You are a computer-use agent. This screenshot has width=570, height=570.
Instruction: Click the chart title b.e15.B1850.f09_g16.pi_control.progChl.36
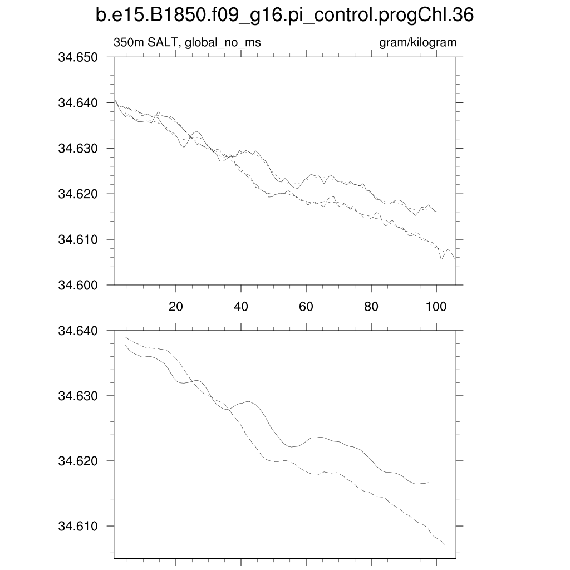[284, 16]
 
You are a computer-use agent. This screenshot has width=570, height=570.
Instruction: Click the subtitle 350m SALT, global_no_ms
[187, 42]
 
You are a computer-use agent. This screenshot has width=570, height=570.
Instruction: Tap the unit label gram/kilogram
[417, 42]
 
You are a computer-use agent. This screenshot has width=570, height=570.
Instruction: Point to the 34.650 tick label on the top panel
[78, 57]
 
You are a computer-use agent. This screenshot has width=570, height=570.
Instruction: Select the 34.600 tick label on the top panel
[78, 285]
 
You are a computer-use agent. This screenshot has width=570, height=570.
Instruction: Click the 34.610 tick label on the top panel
[78, 239]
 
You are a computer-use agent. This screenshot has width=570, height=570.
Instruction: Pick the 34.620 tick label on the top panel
[78, 194]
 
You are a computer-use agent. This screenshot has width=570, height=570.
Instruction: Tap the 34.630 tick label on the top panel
[78, 149]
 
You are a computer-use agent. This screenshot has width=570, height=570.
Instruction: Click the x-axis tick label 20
[176, 306]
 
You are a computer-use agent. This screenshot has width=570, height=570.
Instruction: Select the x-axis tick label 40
[241, 306]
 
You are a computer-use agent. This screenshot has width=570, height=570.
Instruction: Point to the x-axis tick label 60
[306, 306]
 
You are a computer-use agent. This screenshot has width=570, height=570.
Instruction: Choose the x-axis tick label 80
[371, 306]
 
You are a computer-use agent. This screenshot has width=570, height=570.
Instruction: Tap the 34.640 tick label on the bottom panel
[78, 331]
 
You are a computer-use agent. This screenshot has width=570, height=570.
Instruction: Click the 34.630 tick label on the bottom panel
[78, 396]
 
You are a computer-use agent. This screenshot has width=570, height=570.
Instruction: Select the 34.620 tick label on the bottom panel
[78, 461]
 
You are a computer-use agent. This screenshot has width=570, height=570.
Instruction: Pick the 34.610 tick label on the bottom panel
[78, 526]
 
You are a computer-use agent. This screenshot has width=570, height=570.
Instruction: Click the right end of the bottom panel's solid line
[428, 483]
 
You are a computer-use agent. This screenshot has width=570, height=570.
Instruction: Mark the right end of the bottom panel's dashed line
[445, 544]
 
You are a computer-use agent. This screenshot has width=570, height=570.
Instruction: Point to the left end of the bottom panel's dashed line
[125, 337]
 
